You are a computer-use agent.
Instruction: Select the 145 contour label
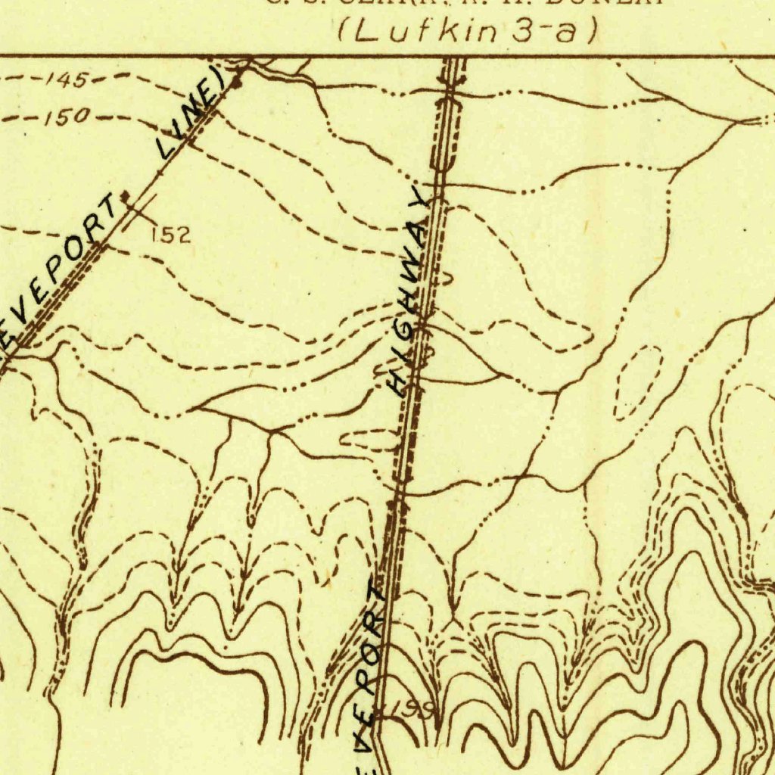(67, 79)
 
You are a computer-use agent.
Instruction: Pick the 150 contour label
(67, 117)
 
